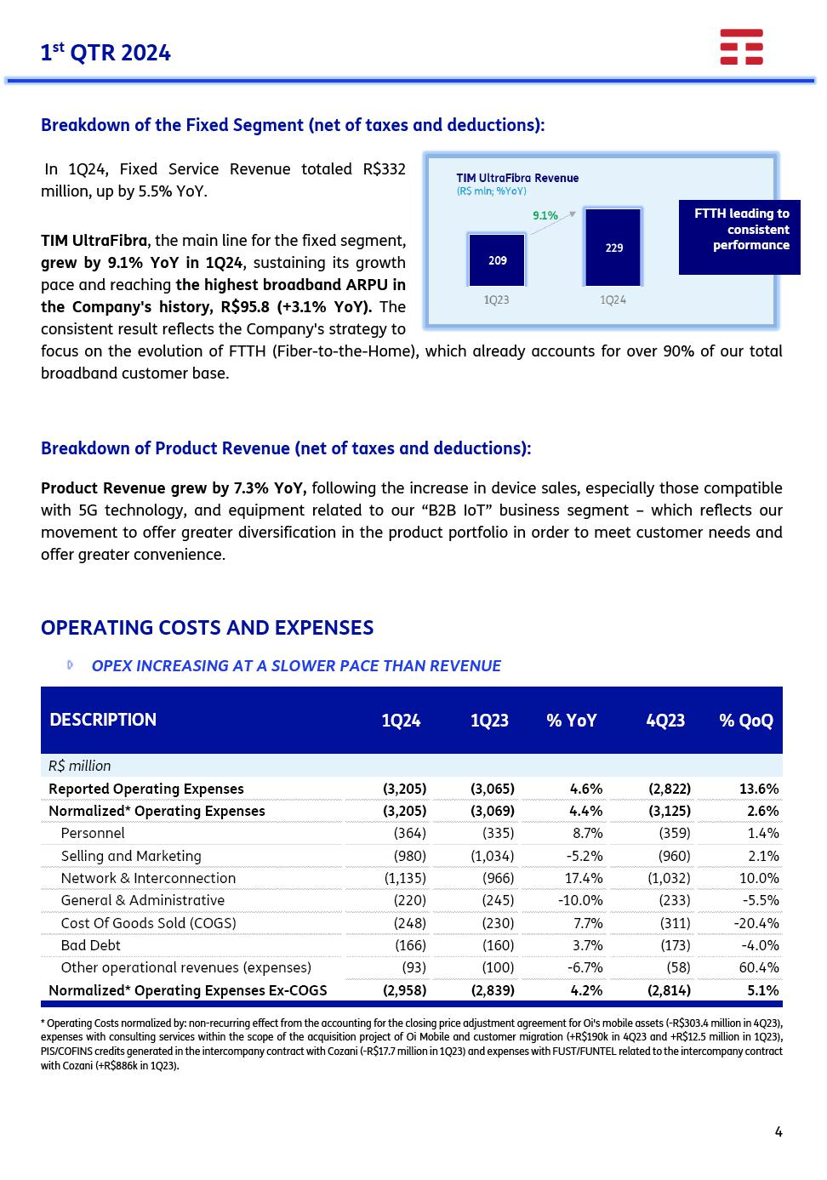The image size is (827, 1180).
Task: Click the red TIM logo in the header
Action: click(741, 47)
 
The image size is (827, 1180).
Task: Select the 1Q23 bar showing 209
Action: click(497, 260)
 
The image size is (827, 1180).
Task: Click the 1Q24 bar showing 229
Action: click(613, 248)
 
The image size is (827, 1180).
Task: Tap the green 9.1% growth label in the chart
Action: click(545, 215)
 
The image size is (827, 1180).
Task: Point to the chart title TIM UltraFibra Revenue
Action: click(517, 178)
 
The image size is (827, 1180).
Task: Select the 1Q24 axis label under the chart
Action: click(613, 299)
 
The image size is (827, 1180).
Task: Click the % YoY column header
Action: click(571, 721)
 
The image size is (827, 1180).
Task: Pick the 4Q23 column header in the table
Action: click(665, 721)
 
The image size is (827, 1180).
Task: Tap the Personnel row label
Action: click(93, 833)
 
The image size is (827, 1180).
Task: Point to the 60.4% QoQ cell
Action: click(756, 967)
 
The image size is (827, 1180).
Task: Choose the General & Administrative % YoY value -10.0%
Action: click(580, 900)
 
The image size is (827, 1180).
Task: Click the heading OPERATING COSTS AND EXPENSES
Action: click(207, 628)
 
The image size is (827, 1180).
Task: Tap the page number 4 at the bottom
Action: click(779, 1132)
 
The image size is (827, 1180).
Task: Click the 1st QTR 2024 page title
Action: click(106, 53)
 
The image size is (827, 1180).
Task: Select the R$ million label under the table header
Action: click(80, 766)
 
